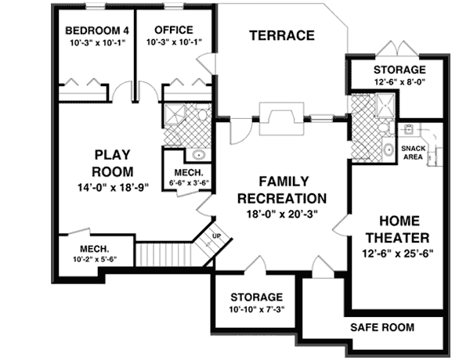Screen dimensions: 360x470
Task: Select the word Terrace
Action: tap(281, 35)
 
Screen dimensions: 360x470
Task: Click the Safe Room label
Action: tap(382, 326)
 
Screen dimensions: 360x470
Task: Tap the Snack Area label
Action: tap(413, 152)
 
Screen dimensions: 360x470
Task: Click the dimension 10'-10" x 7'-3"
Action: tap(256, 311)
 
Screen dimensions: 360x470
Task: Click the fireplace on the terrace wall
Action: tap(280, 117)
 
